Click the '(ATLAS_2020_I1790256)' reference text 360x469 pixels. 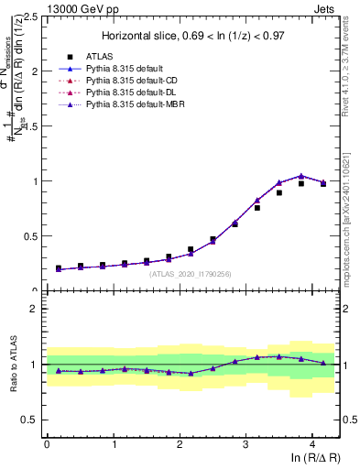191,273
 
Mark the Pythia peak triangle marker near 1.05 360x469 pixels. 301,176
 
